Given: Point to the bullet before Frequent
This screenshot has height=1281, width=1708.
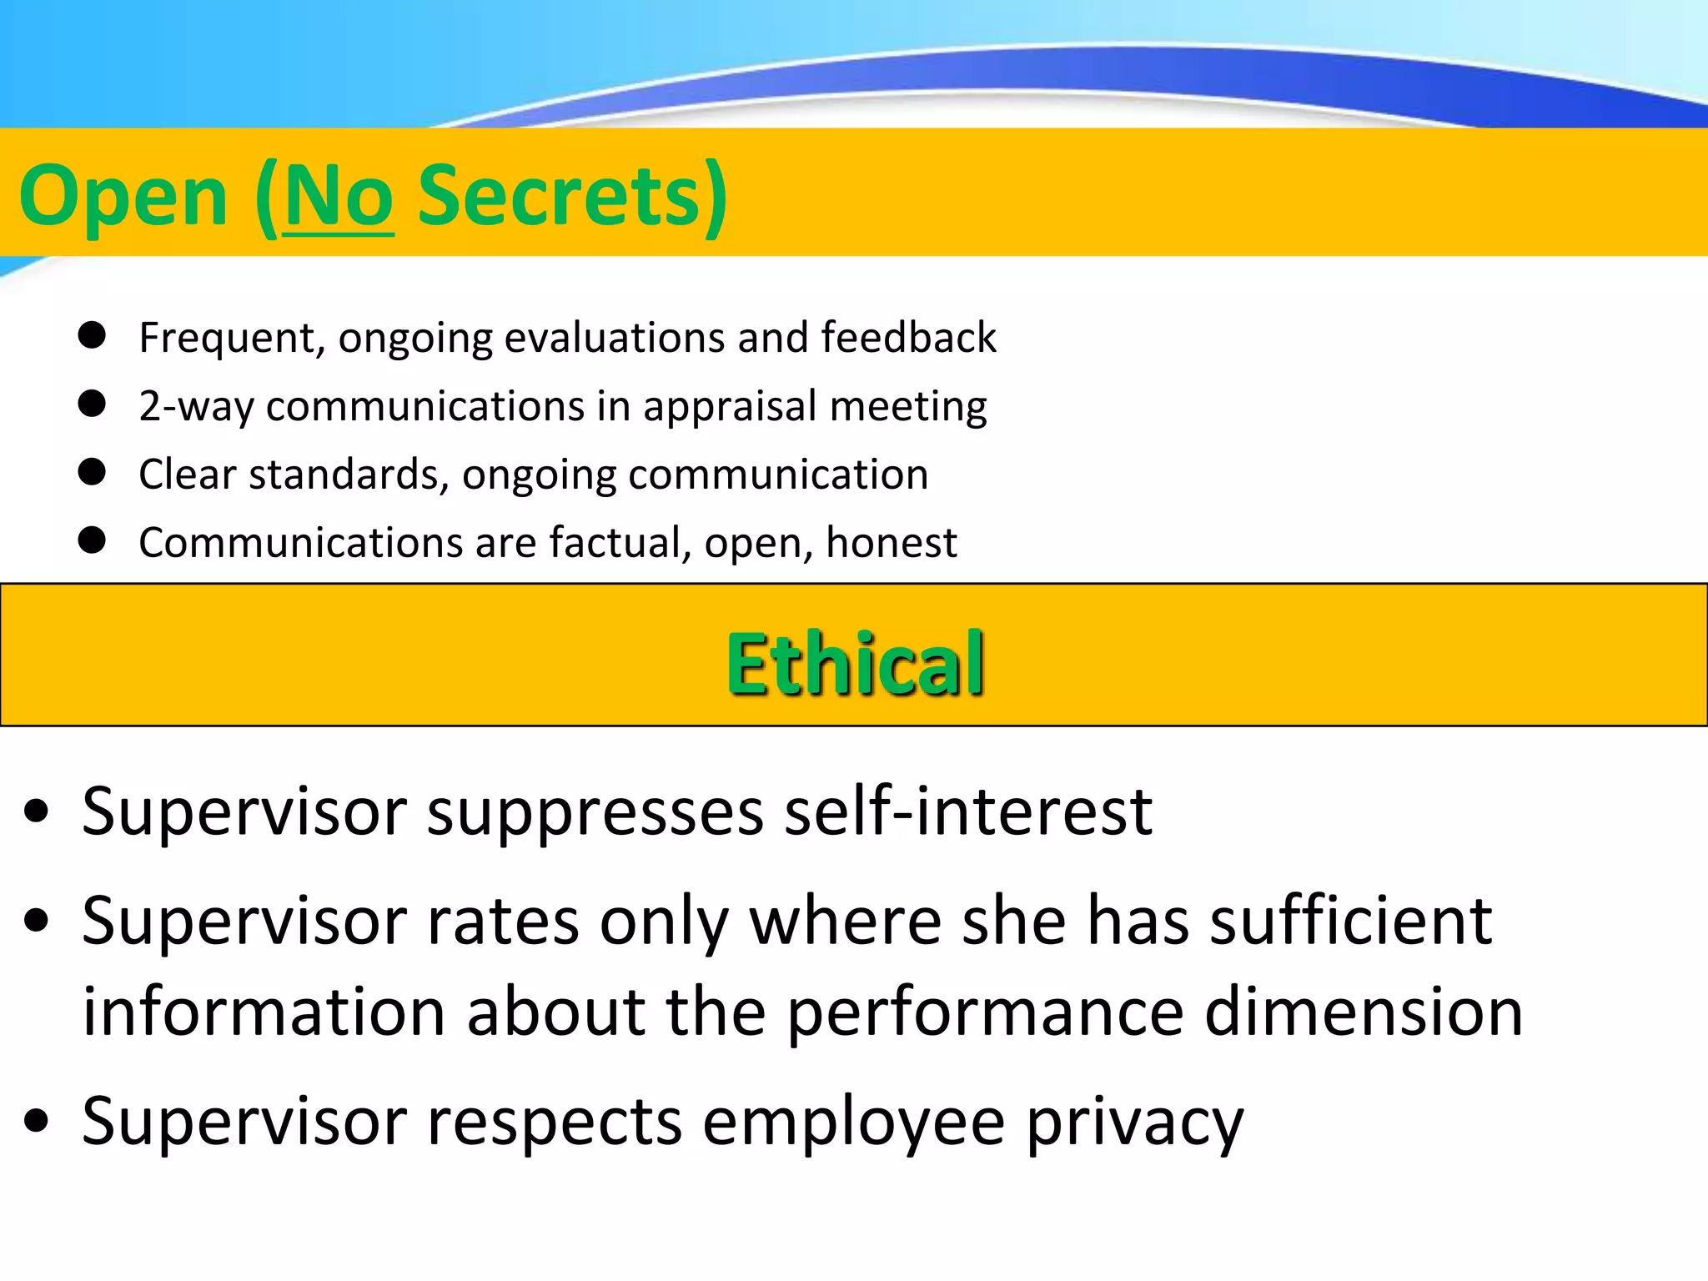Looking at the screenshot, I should click(92, 335).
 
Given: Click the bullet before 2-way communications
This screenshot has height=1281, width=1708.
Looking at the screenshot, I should click(92, 404).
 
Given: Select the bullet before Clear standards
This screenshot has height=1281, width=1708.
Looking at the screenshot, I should click(92, 472).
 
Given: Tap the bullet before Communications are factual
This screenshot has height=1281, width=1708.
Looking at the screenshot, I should click(92, 540).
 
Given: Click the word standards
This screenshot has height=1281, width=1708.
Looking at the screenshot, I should click(344, 475).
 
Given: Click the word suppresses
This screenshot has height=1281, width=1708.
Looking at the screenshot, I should click(595, 812).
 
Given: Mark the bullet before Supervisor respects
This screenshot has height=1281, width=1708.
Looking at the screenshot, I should click(37, 1119).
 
